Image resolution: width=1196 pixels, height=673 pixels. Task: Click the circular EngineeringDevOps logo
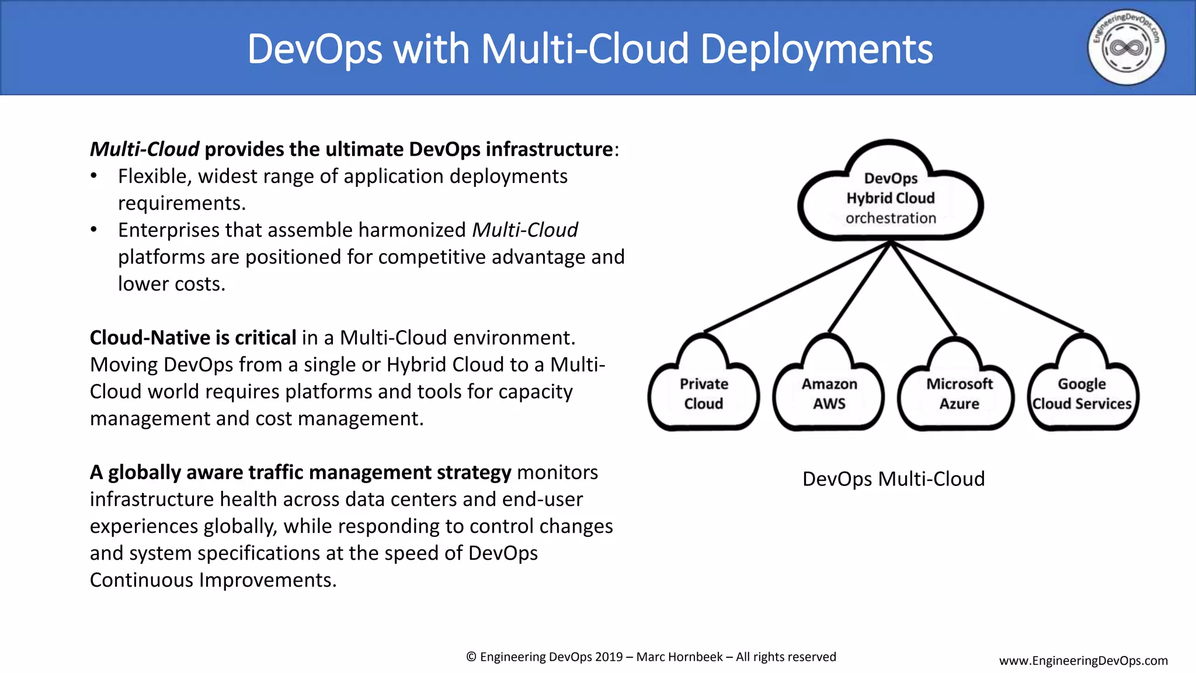point(1126,47)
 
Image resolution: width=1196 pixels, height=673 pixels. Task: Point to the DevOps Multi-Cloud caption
point(893,479)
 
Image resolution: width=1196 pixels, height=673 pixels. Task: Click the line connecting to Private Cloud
point(797,287)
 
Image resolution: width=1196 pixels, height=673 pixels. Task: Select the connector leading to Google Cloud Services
point(987,287)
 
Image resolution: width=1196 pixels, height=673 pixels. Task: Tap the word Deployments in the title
point(816,49)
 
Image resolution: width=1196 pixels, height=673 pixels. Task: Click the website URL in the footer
point(1083,661)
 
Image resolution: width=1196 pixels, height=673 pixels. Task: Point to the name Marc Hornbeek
point(679,657)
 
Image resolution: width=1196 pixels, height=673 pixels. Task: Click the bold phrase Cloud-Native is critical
point(193,338)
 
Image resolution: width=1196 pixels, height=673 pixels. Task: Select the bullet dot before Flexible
point(94,176)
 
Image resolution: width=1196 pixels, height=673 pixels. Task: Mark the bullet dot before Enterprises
point(94,230)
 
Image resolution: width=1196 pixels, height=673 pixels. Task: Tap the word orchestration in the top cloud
point(891,218)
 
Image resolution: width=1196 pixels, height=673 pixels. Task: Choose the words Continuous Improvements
point(213,580)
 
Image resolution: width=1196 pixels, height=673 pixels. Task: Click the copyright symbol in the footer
point(471,657)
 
